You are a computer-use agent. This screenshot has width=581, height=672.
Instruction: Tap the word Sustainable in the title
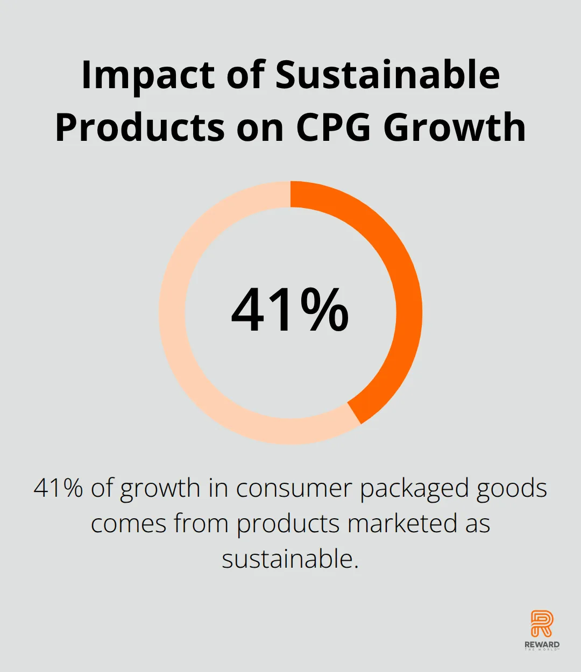coord(387,75)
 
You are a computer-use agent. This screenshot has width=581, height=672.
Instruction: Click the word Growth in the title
coord(455,128)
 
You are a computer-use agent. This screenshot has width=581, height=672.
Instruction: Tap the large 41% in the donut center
coord(290,310)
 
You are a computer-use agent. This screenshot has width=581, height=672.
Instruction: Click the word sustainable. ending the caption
coord(290,559)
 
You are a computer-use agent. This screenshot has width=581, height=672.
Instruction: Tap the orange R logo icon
coord(542,624)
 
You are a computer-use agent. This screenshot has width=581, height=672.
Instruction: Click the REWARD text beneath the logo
coord(542,644)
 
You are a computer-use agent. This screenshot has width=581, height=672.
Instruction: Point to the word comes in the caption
coord(128,524)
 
